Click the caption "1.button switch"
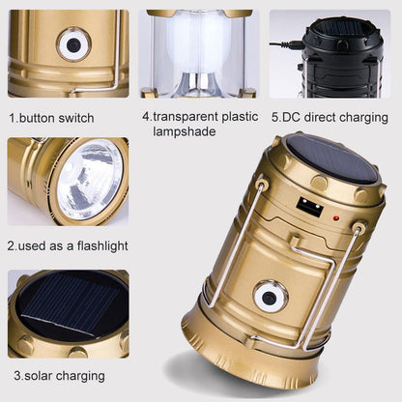[51, 118]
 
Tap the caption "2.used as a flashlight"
[65, 245]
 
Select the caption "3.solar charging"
[59, 375]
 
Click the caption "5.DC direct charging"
[330, 118]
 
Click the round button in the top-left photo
[73, 43]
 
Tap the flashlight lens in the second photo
[89, 180]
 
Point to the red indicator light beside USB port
[334, 218]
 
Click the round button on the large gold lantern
[270, 297]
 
